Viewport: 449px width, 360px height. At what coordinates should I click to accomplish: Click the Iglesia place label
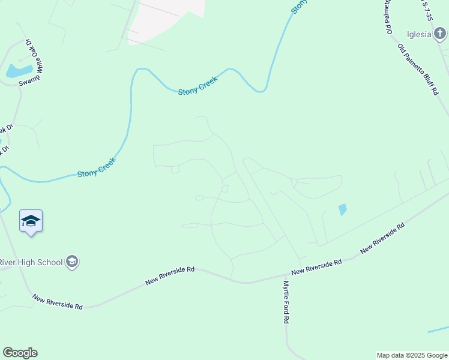(419, 34)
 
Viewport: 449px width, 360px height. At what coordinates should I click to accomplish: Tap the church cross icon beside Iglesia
(440, 34)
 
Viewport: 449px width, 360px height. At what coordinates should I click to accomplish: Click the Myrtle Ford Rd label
(286, 302)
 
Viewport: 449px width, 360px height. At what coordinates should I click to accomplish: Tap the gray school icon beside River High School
(72, 262)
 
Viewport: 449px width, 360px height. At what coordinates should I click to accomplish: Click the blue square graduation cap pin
(31, 221)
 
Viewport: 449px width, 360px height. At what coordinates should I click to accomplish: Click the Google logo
(20, 353)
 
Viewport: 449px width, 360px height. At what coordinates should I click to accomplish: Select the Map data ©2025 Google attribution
(412, 355)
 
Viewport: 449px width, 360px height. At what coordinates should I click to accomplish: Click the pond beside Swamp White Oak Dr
(19, 71)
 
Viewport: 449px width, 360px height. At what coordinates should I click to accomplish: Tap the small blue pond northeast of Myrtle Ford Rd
(342, 210)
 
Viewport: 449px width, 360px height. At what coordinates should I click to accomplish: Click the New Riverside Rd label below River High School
(58, 302)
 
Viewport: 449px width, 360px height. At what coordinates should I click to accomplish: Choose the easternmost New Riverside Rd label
(383, 237)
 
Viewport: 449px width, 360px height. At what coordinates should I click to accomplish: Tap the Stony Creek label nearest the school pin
(96, 170)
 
